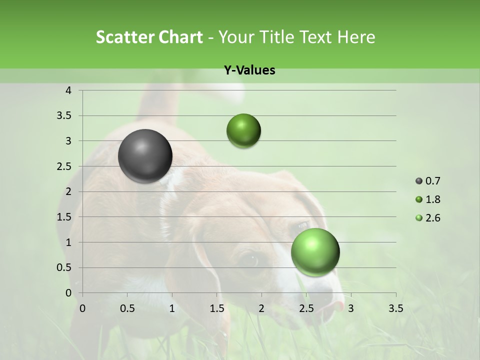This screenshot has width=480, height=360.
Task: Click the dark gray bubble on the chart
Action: click(x=145, y=156)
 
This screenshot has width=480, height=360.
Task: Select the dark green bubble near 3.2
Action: click(x=243, y=130)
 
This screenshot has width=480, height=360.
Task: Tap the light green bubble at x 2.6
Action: click(x=315, y=251)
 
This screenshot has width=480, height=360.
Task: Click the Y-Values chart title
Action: click(x=249, y=70)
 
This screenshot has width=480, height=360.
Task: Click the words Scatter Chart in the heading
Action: click(x=149, y=37)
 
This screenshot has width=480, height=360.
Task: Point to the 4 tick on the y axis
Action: click(x=68, y=90)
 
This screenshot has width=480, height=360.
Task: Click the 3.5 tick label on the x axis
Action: click(x=395, y=308)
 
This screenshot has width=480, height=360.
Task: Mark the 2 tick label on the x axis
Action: click(x=261, y=308)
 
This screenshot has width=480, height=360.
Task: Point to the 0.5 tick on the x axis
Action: click(x=127, y=308)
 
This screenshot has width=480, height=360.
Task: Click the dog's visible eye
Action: click(x=250, y=260)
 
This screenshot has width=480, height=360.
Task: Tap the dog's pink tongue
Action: click(x=339, y=305)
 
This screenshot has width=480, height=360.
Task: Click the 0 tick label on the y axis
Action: click(x=68, y=293)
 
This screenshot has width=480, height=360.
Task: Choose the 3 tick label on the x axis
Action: click(x=350, y=308)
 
